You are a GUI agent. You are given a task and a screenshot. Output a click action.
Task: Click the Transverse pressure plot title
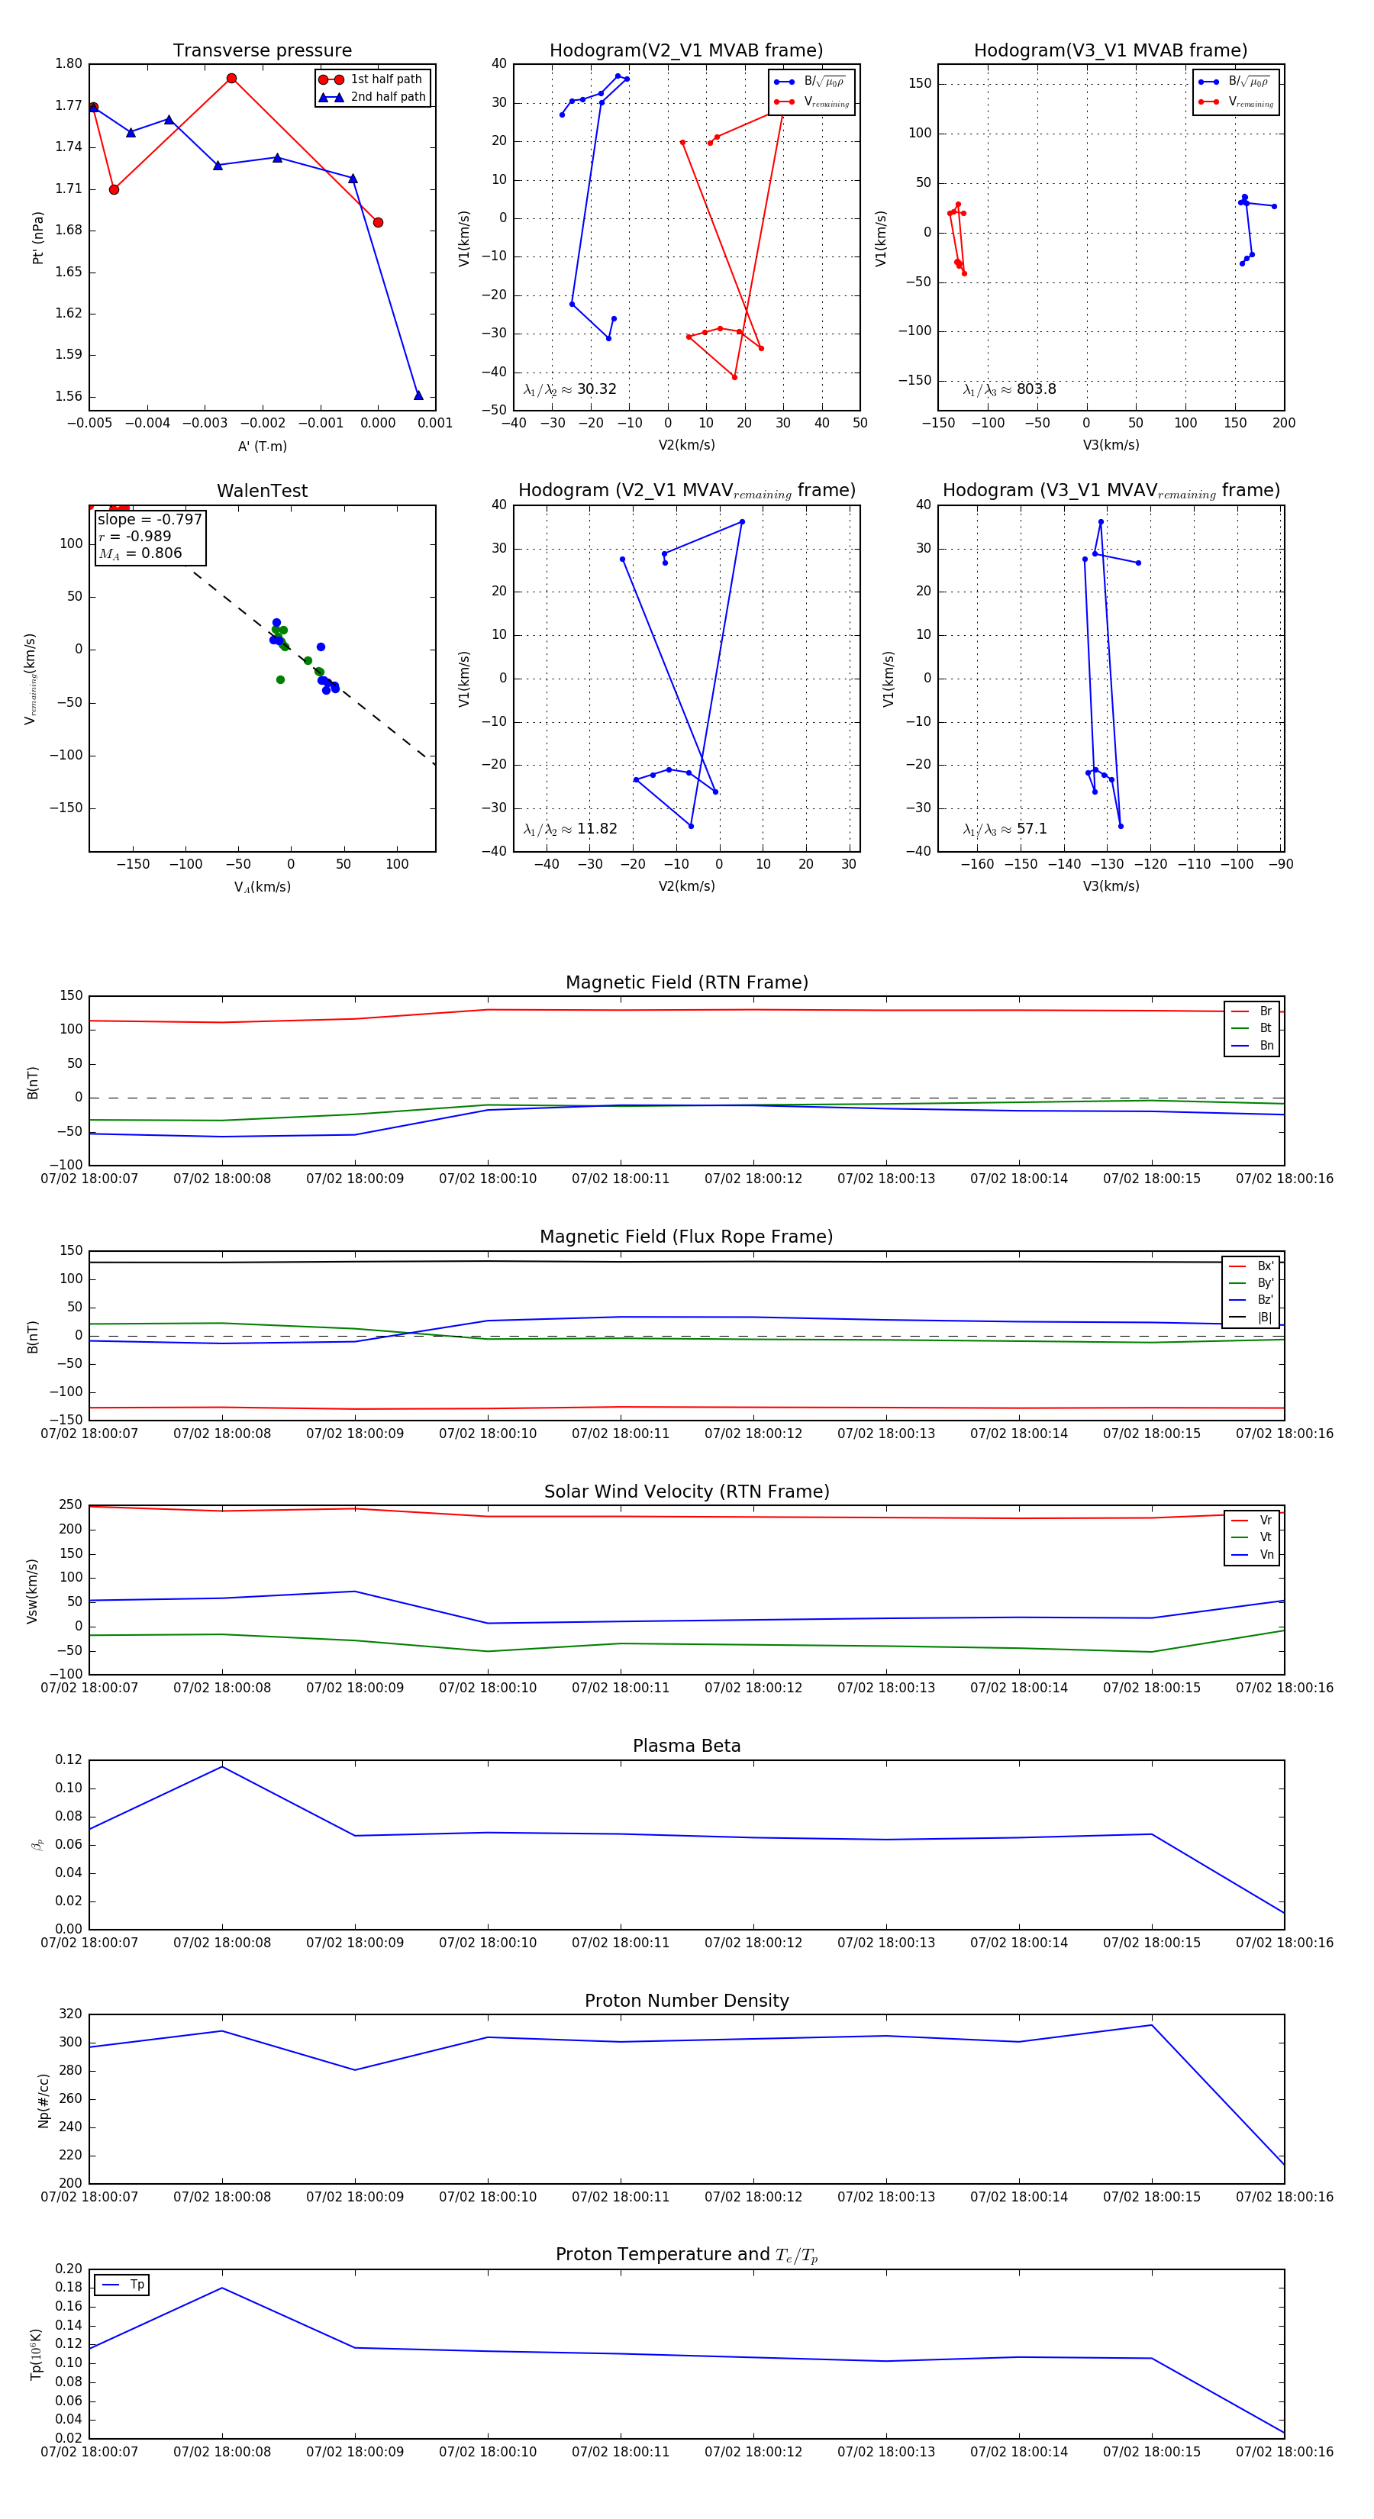(x=262, y=51)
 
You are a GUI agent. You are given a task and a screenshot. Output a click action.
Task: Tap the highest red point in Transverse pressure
(x=232, y=78)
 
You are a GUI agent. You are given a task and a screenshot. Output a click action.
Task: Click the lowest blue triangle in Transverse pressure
(x=418, y=395)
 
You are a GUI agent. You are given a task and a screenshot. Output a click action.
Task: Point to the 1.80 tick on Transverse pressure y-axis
(x=69, y=63)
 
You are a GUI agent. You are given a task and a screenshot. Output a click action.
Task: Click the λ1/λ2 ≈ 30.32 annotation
(x=570, y=389)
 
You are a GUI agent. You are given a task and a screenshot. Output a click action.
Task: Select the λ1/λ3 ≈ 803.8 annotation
(x=1009, y=389)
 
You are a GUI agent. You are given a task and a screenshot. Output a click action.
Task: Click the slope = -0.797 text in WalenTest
(x=150, y=519)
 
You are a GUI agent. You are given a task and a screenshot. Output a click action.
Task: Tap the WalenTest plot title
(x=262, y=491)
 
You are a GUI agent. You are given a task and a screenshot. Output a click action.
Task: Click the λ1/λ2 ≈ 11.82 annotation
(x=570, y=829)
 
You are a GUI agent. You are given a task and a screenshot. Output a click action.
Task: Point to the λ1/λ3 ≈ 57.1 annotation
(x=1005, y=829)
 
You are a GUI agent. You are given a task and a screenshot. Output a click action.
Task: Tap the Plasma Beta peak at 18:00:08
(x=222, y=1766)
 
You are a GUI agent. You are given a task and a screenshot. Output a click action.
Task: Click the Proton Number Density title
(x=686, y=2001)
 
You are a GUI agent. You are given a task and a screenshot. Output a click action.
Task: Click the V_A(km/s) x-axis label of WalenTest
(x=262, y=887)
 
